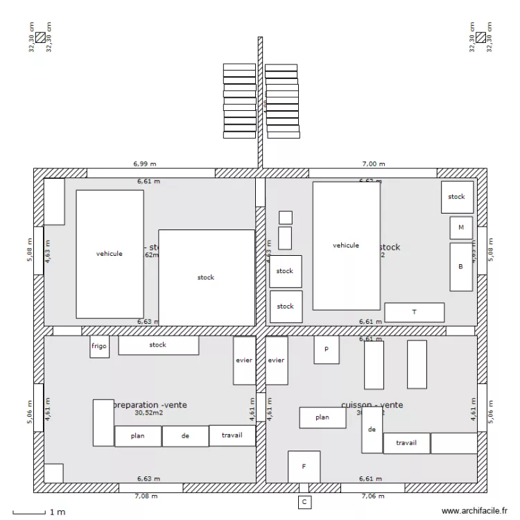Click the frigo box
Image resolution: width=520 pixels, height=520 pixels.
(x=99, y=347)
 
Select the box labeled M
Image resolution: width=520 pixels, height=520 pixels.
(x=461, y=227)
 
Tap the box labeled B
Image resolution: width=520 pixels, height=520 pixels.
(x=461, y=266)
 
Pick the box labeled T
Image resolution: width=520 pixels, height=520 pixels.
(x=414, y=312)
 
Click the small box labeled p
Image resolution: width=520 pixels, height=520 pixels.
(x=327, y=350)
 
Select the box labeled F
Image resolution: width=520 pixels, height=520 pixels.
(x=304, y=467)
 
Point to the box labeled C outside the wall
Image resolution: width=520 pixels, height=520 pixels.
(x=304, y=501)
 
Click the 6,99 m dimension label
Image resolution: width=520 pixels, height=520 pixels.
(x=145, y=164)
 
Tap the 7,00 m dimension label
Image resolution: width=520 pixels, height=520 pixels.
(x=373, y=164)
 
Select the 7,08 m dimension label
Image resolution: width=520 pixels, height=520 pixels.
(x=145, y=496)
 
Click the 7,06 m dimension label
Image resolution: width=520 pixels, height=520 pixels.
(x=373, y=496)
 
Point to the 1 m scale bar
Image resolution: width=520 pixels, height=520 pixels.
(x=38, y=512)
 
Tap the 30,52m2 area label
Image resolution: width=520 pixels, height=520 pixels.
(x=148, y=413)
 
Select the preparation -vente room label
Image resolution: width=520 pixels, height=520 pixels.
(x=150, y=405)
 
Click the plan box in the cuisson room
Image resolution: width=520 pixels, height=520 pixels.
(x=322, y=417)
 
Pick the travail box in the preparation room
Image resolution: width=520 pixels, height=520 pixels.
(x=232, y=435)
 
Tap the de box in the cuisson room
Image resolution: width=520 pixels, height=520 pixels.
(x=372, y=430)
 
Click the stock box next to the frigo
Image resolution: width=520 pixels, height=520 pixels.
(x=158, y=345)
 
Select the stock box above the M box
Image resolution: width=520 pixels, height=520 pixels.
(x=457, y=197)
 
